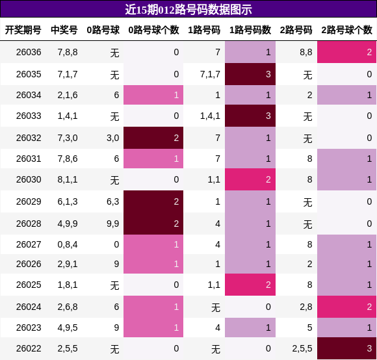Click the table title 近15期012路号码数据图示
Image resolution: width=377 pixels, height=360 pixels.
point(188,9)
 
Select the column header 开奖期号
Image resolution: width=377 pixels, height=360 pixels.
point(23,30)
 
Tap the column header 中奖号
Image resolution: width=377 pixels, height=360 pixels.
point(64,30)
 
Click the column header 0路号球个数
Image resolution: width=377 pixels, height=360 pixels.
point(153,30)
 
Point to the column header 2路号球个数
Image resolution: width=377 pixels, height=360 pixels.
point(346,30)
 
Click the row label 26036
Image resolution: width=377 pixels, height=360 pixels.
point(29,52)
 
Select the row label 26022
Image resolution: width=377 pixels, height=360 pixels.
point(29,348)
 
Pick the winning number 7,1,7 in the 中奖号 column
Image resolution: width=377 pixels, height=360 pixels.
point(68,74)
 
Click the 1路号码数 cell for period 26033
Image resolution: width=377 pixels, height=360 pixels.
point(250,116)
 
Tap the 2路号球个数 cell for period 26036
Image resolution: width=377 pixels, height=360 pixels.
point(346,52)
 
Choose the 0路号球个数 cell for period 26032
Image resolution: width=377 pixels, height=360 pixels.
point(153,138)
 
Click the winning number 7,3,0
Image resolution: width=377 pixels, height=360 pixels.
point(68,138)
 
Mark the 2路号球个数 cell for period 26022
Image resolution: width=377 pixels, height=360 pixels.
point(346,348)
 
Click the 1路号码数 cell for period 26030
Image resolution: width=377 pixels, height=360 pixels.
point(250,179)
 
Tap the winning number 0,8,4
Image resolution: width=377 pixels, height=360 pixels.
point(68,244)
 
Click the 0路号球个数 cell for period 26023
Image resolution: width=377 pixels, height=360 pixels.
point(153,328)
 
